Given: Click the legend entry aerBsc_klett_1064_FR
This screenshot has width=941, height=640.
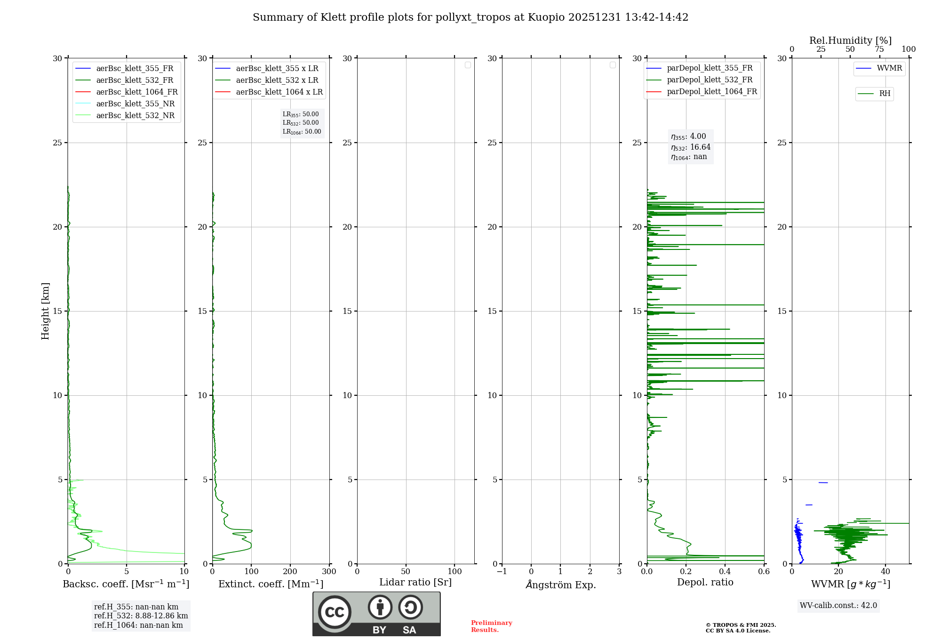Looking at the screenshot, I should [137, 92].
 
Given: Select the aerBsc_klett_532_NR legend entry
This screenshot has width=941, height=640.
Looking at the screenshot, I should [135, 116].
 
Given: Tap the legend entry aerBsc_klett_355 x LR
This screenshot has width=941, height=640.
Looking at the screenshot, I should [277, 69].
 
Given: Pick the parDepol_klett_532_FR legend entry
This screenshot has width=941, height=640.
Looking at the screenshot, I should [710, 80].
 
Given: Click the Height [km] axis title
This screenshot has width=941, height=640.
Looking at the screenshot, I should [45, 311].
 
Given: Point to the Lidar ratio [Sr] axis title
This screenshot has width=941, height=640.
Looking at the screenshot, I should [415, 583].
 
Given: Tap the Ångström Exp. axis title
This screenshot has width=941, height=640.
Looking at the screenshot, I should [561, 585].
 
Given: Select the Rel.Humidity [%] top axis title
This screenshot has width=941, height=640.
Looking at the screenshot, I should [850, 40].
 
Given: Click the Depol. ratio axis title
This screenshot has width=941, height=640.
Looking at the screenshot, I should [705, 583].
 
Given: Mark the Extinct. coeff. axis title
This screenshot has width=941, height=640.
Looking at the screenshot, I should [271, 584].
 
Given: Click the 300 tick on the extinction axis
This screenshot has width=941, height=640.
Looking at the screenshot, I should [329, 572].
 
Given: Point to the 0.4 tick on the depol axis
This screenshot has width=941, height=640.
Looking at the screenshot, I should [725, 572].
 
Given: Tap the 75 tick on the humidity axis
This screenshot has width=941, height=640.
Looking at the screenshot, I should [879, 49].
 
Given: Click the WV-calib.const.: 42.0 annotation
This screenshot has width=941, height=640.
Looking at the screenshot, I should [838, 606].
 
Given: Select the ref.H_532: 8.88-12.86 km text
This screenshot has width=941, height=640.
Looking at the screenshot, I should [141, 616].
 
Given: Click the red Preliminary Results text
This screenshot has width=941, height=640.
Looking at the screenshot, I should [491, 626].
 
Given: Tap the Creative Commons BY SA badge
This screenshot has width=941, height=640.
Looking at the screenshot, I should [376, 614].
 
